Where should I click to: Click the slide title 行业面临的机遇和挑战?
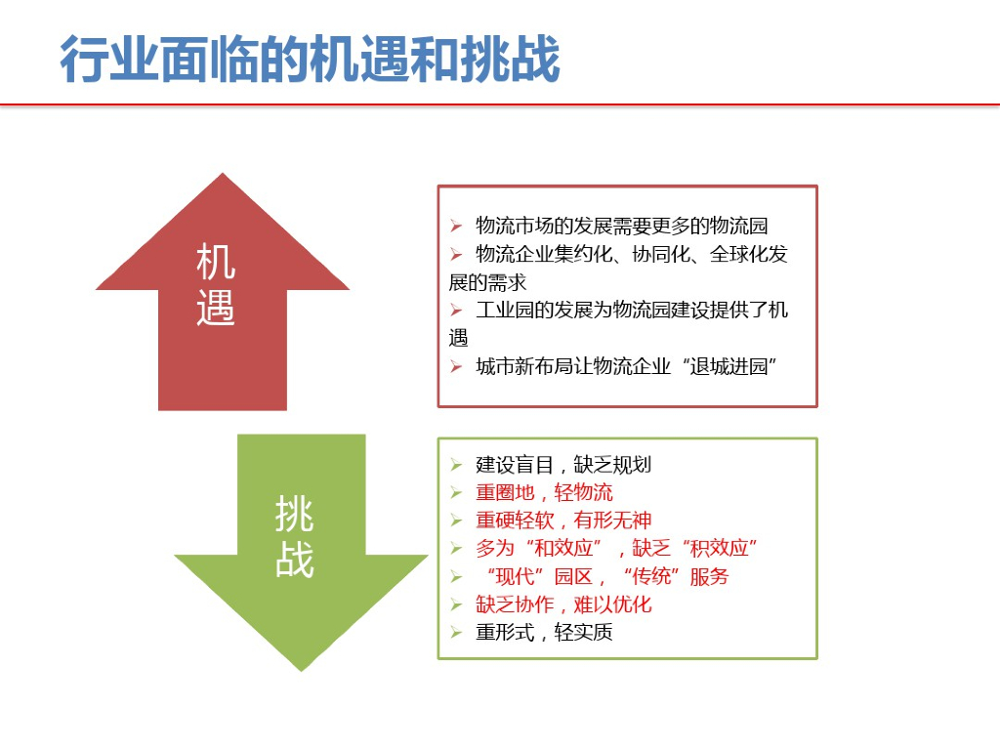[310, 61]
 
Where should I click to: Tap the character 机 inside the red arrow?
[216, 262]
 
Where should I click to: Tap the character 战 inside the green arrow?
[294, 561]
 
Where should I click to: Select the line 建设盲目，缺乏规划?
[562, 465]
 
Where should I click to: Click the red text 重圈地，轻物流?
[544, 493]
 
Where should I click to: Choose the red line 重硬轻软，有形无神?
[562, 521]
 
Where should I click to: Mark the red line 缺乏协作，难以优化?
[562, 605]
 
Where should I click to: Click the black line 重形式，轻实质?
[544, 633]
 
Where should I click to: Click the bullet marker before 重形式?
[455, 633]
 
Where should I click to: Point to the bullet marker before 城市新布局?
[455, 367]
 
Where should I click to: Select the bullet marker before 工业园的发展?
[455, 311]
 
